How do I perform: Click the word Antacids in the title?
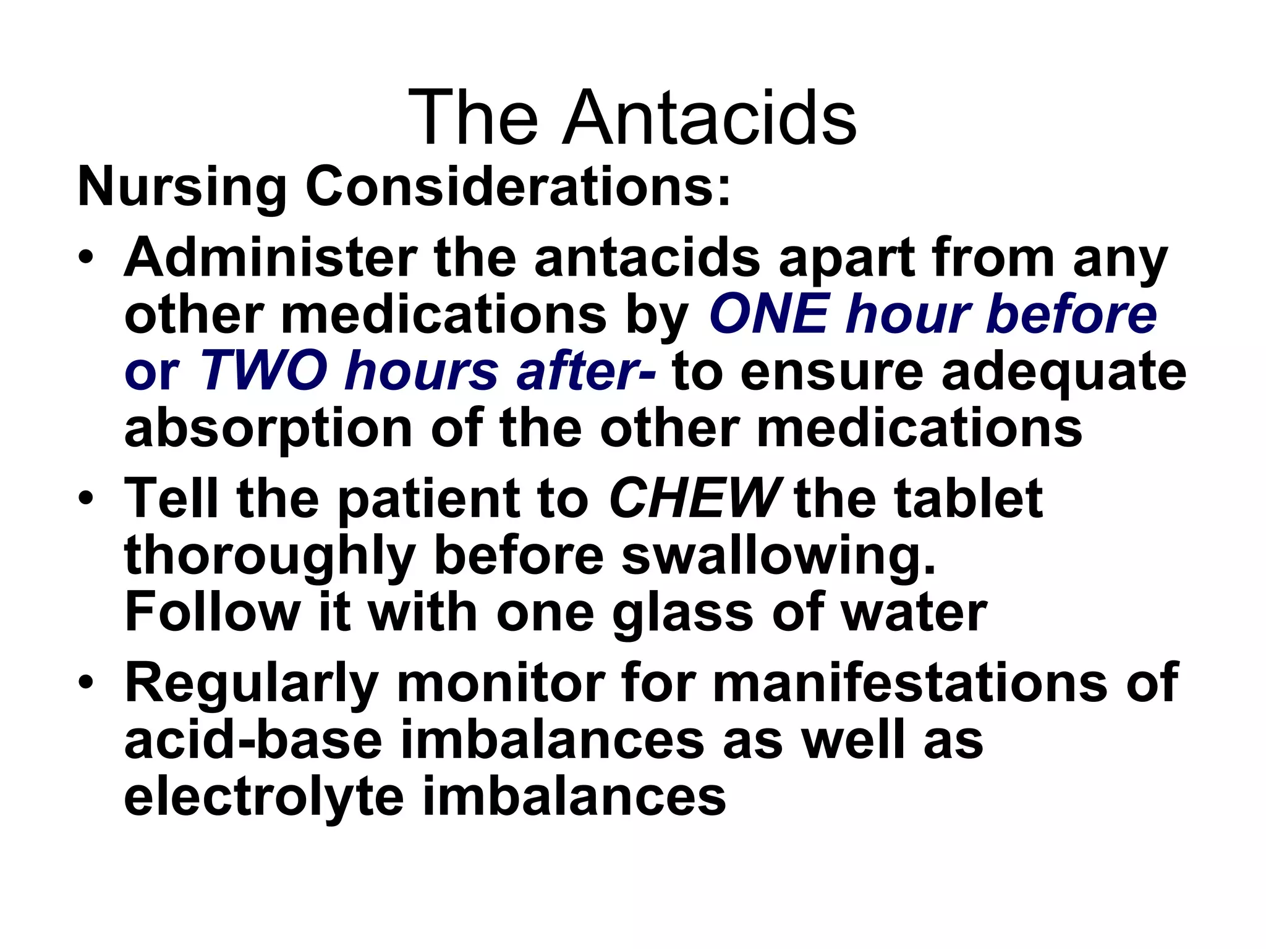coord(709,117)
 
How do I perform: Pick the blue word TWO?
coord(263,371)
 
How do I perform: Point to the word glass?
coord(682,614)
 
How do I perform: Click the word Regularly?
coord(251,685)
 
